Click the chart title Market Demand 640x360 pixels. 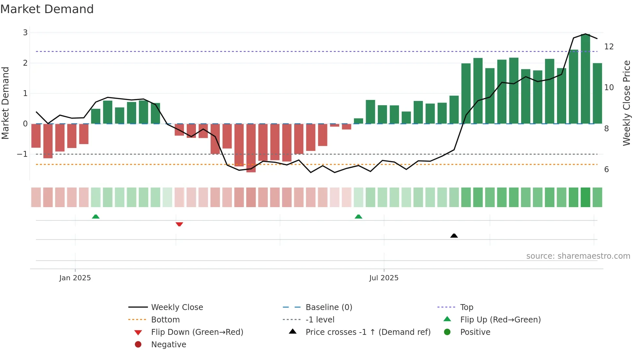coord(47,9)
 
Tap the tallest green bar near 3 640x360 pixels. coord(585,78)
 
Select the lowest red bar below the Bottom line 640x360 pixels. coord(251,148)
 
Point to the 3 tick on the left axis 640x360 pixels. coord(25,33)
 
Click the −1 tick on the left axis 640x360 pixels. coord(23,154)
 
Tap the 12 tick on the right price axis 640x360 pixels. coord(609,47)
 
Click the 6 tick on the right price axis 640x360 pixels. coord(606,170)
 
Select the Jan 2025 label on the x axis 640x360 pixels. coord(75,278)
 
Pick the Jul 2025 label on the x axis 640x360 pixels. coord(384,278)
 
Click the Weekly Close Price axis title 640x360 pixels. coord(626,103)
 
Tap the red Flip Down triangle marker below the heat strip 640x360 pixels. coord(179,224)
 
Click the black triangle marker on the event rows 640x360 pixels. coord(454,236)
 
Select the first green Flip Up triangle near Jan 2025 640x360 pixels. coord(96,217)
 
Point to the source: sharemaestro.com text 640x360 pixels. coord(578,256)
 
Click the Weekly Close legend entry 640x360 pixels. coord(177,307)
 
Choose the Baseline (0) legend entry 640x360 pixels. coord(328,307)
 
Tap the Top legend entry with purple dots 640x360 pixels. coord(466,307)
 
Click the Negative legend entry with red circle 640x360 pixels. coord(168,345)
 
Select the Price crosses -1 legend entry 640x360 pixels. coord(368,332)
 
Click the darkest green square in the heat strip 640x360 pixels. coord(585,197)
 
